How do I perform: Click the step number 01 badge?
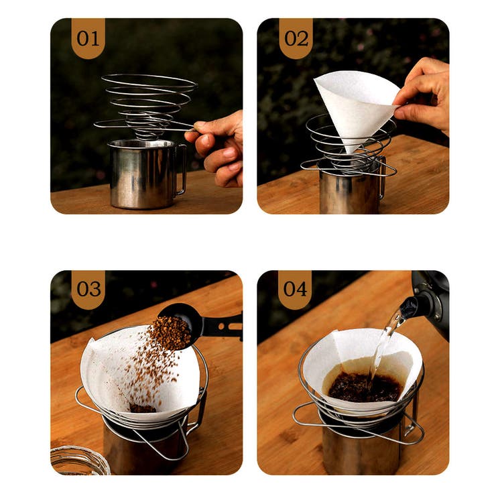(88, 38)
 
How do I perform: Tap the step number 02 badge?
(296, 38)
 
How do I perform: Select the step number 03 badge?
(88, 290)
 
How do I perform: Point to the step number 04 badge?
(295, 290)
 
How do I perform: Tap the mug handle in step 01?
(180, 169)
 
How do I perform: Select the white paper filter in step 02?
(355, 105)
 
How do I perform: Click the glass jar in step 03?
(79, 460)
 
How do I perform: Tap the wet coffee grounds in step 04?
(365, 387)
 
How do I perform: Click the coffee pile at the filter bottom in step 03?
(142, 408)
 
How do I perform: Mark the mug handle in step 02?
(382, 177)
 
